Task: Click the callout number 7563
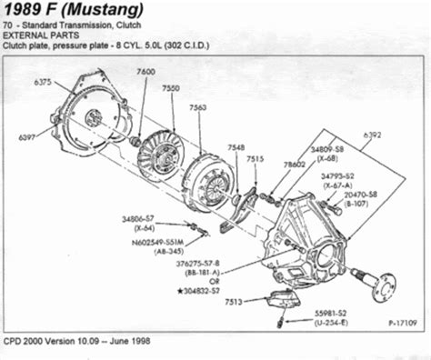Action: (197, 106)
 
